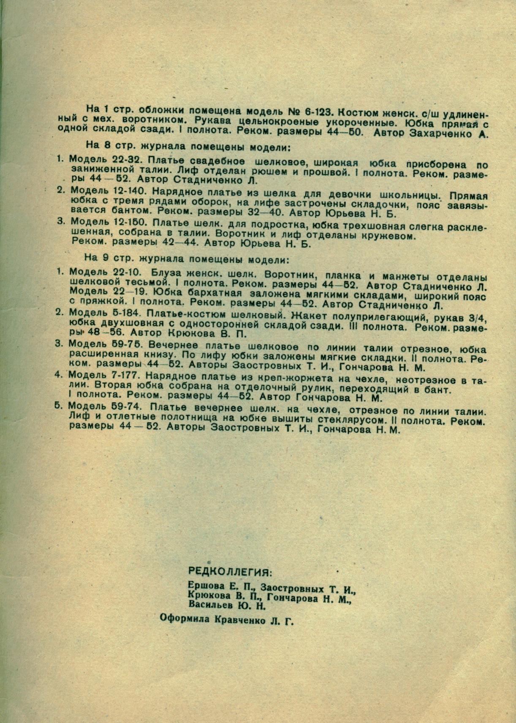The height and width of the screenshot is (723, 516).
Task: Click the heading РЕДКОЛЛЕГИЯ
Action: [x=230, y=572]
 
